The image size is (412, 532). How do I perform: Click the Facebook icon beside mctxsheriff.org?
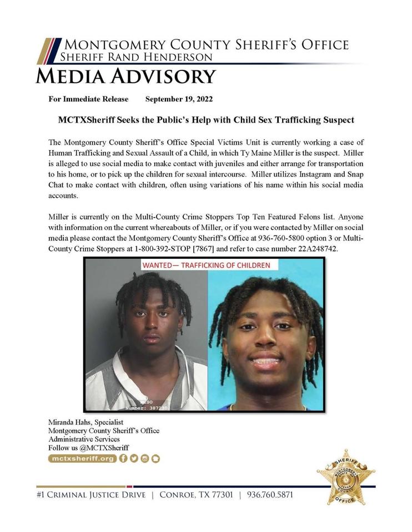[123, 458]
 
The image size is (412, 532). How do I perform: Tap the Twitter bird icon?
[134, 458]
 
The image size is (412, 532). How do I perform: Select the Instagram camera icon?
[145, 458]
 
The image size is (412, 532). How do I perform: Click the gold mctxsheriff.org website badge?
[82, 458]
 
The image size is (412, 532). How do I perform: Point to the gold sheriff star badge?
[345, 477]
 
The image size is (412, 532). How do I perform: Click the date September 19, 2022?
[179, 99]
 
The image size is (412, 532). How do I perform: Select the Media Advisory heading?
[125, 76]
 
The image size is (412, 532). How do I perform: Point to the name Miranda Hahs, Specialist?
[86, 422]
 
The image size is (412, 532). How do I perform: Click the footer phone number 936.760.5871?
[270, 494]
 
